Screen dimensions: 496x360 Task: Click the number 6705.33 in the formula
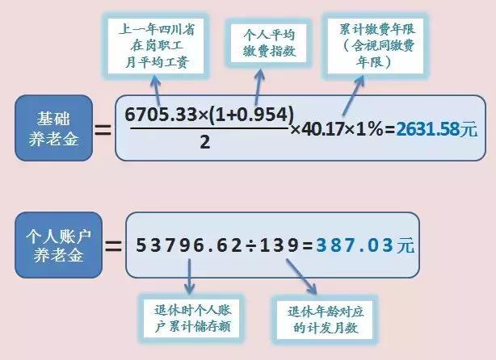point(161,115)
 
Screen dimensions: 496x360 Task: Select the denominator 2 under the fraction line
point(205,142)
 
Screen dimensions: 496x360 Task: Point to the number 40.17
point(322,130)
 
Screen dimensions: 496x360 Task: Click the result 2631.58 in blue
point(427,130)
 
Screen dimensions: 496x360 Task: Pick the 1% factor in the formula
point(370,130)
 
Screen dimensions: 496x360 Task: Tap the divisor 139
point(279,245)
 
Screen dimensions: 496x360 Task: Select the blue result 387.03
point(355,245)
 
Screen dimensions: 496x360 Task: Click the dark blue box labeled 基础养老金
point(54,128)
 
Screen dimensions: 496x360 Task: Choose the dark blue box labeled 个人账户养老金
point(58,245)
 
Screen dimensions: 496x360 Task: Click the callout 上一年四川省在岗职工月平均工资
point(156,46)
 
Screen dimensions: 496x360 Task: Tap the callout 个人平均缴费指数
point(268,44)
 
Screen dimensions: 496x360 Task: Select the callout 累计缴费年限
point(376,46)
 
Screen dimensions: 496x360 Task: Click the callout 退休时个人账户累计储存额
point(191,319)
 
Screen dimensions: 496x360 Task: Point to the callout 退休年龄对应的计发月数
point(325,320)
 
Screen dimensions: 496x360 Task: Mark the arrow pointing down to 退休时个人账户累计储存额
point(189,276)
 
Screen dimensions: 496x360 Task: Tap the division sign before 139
point(251,246)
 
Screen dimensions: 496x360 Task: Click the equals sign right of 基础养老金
point(103,130)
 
